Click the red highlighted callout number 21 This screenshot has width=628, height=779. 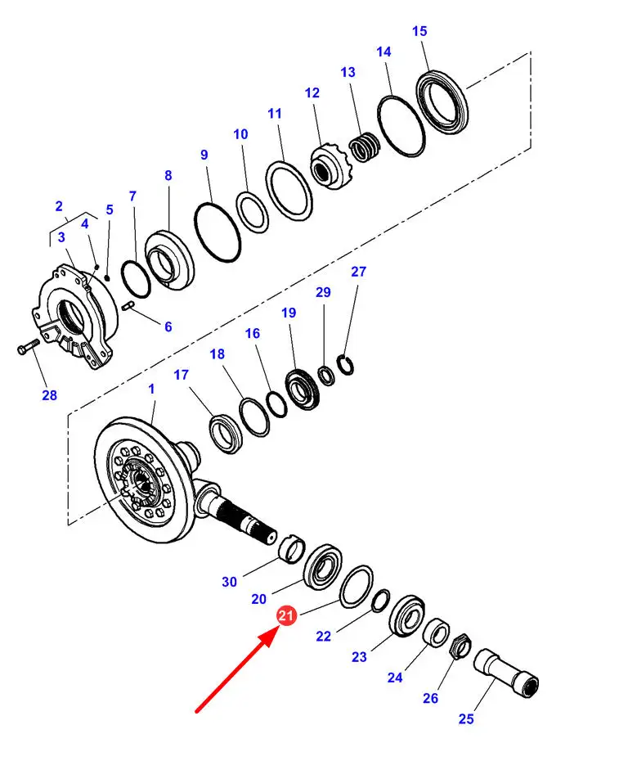(286, 616)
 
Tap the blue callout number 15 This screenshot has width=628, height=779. (419, 31)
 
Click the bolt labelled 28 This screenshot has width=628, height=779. (28, 346)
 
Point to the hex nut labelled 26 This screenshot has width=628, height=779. (460, 647)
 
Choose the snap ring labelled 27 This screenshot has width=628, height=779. (345, 365)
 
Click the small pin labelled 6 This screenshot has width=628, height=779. (128, 306)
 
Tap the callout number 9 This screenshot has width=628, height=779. (204, 155)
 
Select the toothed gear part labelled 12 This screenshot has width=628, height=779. (331, 166)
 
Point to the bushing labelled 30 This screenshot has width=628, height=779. (292, 548)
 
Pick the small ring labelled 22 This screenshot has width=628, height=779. (381, 600)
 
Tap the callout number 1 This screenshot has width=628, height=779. (151, 389)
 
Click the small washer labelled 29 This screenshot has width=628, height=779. (326, 375)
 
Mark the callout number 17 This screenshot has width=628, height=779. (182, 375)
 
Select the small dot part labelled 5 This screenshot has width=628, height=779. (107, 277)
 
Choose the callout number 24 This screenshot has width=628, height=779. (395, 678)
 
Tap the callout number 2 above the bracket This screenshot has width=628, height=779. (59, 205)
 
